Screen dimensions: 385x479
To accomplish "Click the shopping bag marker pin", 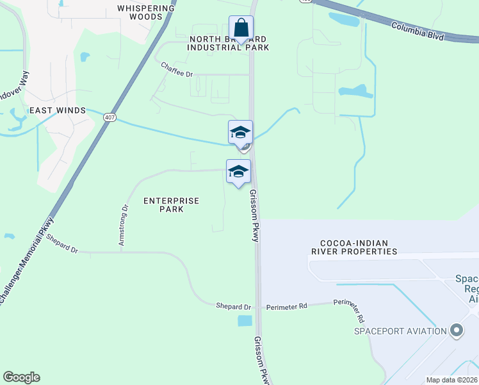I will tap(241, 29).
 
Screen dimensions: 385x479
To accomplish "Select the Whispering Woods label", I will tap(146, 13).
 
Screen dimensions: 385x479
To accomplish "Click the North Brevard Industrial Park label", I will tap(228, 43).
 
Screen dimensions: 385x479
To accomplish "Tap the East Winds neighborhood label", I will tap(58, 110).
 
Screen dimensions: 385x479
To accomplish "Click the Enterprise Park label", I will tap(171, 205).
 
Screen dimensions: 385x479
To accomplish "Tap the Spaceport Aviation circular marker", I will tap(456, 330).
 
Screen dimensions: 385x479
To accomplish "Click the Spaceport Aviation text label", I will tap(401, 331).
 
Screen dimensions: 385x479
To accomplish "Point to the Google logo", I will tap(21, 377).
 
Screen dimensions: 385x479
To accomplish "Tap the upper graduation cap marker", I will tap(240, 133).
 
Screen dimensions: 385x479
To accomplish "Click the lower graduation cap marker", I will tap(238, 172).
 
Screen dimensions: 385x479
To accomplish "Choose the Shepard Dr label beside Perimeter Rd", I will tap(234, 307).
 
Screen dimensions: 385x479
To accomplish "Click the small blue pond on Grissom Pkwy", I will tap(245, 320).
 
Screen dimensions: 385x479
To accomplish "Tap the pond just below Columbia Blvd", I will tap(344, 20).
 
